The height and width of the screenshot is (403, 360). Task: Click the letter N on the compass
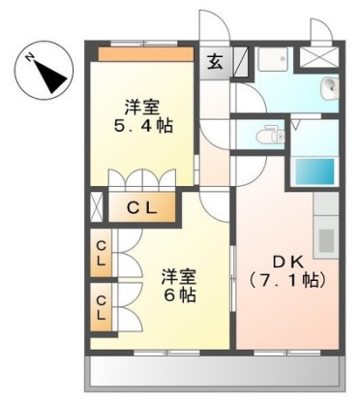pos(32,57)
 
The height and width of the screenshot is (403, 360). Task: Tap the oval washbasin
pos(329,89)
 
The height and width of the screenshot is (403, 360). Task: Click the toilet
pos(267,137)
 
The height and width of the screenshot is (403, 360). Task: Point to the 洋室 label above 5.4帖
pos(142,106)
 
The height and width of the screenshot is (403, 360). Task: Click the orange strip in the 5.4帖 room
pos(144,54)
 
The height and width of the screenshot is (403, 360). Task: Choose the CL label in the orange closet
pos(142,205)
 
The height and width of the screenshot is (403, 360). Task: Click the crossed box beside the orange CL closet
pos(96,205)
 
